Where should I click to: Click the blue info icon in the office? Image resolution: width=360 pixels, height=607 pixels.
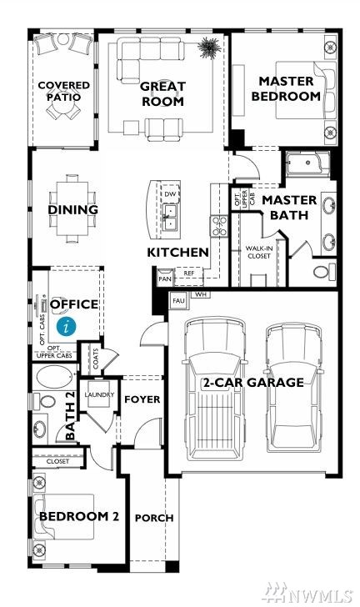66,327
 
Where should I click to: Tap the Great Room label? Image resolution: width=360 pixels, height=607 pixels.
162,93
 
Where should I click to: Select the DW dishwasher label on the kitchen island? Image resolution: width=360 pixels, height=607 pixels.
170,194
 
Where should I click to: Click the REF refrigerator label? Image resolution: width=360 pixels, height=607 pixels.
189,273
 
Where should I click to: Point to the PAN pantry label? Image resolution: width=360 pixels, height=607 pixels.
165,278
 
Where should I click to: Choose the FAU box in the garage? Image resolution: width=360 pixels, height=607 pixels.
178,300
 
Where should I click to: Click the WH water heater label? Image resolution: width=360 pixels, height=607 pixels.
201,294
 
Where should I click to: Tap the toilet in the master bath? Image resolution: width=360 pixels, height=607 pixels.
324,271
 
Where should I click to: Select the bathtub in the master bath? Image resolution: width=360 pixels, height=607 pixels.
307,163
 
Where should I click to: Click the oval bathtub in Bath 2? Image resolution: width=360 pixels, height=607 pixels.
54,376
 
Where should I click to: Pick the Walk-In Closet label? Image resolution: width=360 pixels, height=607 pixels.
259,252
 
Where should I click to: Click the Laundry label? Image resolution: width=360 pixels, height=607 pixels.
99,394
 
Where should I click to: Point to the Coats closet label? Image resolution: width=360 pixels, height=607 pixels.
96,359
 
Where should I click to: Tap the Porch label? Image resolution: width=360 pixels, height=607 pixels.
154,518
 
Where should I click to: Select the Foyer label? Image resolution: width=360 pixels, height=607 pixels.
142,399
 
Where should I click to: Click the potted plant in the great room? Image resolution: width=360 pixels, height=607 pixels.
209,48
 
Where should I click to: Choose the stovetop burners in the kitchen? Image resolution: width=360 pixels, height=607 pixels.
219,226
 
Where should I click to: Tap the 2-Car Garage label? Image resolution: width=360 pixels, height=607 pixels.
253,383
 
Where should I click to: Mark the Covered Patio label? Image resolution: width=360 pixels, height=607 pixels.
64,91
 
